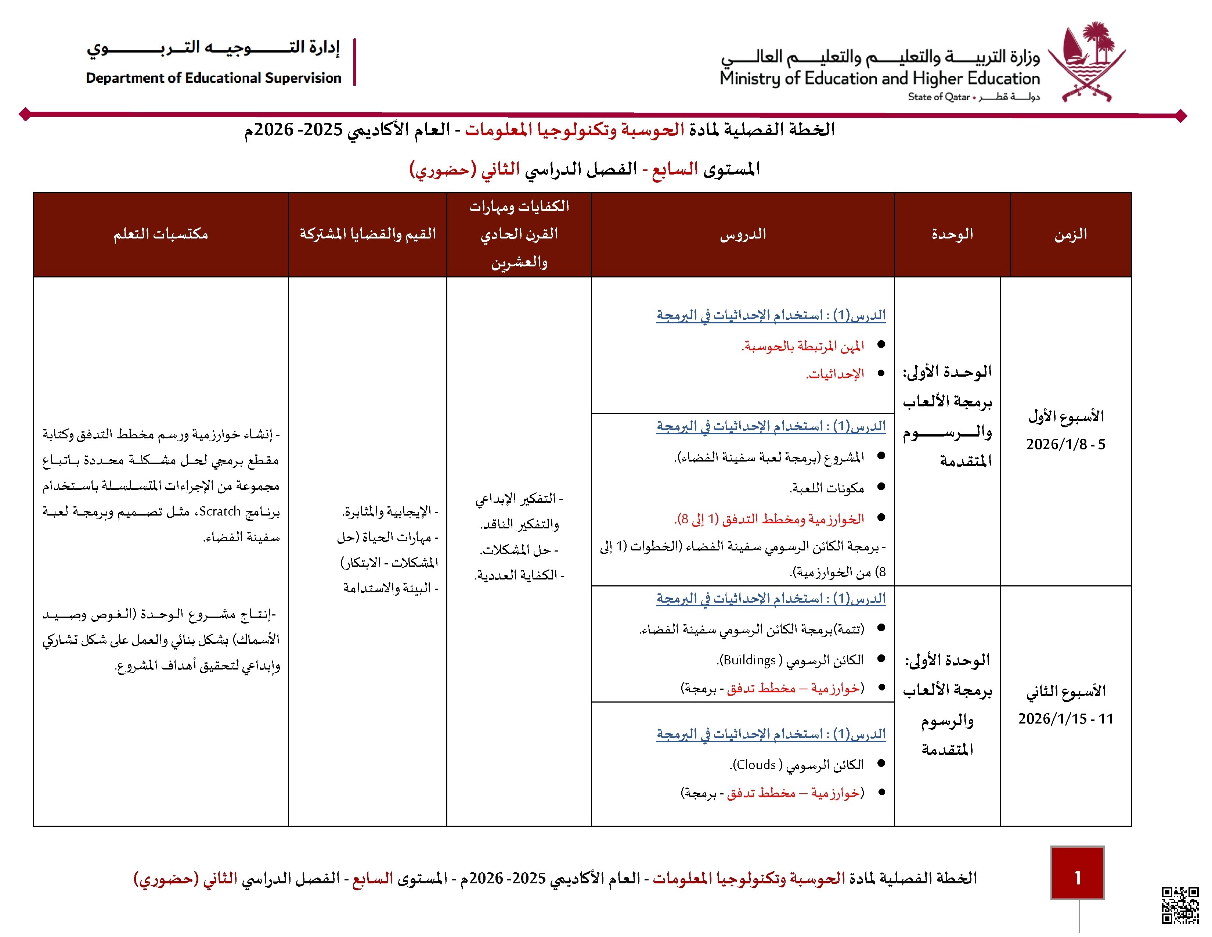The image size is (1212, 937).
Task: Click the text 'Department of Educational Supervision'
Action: tap(213, 78)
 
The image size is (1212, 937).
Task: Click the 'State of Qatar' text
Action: tap(938, 97)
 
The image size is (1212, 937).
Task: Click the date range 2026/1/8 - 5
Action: tap(1065, 444)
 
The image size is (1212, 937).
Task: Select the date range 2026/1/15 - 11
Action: tap(1065, 719)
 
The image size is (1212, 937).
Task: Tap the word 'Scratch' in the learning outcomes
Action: tap(220, 511)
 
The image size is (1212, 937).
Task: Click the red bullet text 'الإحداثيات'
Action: tap(835, 374)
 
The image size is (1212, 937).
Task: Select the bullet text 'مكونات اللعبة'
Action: tap(827, 488)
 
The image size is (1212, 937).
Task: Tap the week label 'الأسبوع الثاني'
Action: tap(1065, 691)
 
